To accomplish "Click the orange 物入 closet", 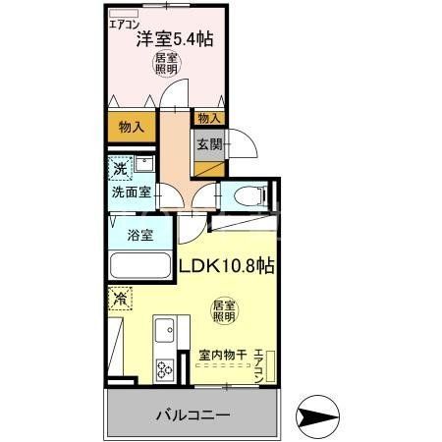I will point(131,127).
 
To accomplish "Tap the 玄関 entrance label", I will point(207,144).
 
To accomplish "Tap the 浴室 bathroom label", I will point(139,235).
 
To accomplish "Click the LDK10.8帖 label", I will point(225,265).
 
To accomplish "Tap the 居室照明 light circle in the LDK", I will point(223,311).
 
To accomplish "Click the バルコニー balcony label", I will point(193,415).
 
